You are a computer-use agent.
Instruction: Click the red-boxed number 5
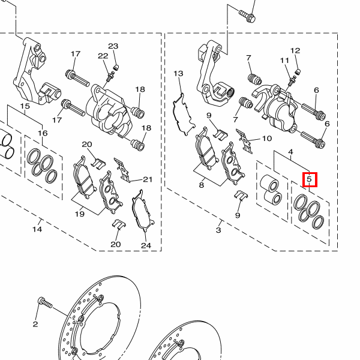coord(310,179)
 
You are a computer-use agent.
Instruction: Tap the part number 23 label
coord(113,46)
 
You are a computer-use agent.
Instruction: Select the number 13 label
coord(178,73)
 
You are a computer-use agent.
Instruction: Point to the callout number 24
coord(146,245)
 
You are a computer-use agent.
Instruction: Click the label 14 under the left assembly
coord(37,229)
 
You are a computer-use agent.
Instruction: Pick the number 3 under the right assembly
coord(218,230)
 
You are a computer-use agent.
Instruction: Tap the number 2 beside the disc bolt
coord(35,324)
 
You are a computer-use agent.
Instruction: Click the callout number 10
coord(267,139)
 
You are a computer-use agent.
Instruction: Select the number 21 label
coord(148,179)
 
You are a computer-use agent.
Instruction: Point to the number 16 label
coord(43,133)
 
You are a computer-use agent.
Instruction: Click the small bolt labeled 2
coord(45,302)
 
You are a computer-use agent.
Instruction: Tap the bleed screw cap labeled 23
coord(116,67)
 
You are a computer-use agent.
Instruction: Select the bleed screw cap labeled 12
coord(298,71)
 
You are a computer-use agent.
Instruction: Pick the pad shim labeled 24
coord(142,211)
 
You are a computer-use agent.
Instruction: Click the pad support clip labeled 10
coord(245,141)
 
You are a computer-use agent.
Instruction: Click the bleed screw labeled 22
coord(110,76)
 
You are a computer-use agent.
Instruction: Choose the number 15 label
coord(25,106)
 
